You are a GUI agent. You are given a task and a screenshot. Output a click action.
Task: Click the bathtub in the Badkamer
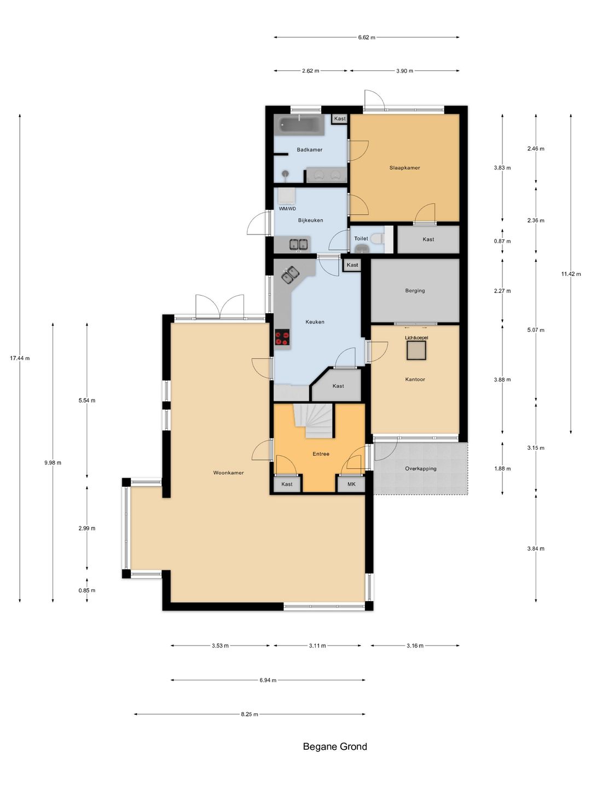(299, 125)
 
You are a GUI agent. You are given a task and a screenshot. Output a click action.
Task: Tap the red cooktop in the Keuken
(282, 337)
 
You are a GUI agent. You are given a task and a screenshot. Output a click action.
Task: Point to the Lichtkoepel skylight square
(416, 350)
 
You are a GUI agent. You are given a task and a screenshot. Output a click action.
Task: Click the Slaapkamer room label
(404, 167)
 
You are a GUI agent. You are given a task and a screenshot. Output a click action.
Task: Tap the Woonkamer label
(228, 473)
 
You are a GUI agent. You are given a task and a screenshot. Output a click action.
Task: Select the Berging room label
(415, 290)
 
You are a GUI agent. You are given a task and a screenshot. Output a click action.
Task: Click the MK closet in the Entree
(351, 484)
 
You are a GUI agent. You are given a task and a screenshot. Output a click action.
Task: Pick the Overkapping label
(421, 468)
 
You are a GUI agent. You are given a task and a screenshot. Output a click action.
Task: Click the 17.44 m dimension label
(20, 358)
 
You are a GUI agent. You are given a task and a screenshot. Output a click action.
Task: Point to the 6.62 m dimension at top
(367, 37)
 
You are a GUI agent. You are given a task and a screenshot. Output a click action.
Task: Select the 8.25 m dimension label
(250, 714)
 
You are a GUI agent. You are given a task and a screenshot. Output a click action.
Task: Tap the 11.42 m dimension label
(571, 274)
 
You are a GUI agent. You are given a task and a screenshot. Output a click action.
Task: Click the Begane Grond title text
(335, 747)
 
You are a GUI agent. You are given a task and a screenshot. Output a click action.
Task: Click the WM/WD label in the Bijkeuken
(287, 208)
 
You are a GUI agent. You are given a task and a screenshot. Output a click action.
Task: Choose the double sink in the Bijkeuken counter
(299, 244)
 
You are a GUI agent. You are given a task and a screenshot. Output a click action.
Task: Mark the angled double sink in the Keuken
(290, 275)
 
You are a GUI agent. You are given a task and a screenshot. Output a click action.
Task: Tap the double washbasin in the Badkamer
(326, 175)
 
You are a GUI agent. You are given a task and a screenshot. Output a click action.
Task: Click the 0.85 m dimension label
(87, 590)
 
